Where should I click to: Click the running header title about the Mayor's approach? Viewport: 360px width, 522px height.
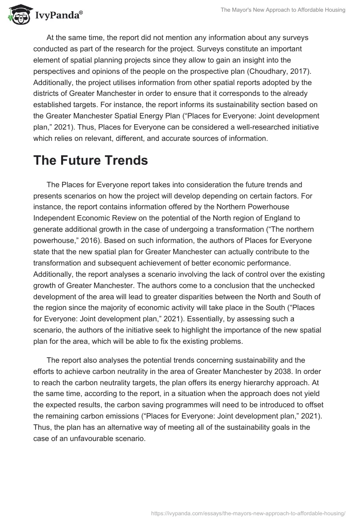click(283, 10)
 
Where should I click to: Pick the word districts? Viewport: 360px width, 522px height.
click(48, 94)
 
